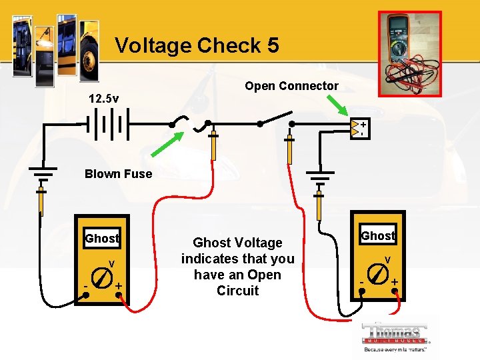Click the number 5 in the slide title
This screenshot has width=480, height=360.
pyautogui.click(x=271, y=45)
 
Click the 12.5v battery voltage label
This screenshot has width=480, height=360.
pyautogui.click(x=104, y=99)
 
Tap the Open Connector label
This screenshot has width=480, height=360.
pyautogui.click(x=291, y=86)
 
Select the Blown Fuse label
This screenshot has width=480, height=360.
pyautogui.click(x=118, y=174)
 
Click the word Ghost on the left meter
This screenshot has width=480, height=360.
pyautogui.click(x=101, y=239)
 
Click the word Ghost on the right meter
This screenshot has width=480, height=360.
pyautogui.click(x=377, y=235)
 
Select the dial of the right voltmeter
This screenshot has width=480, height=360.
pyautogui.click(x=377, y=274)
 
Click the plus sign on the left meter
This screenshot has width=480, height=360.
pyautogui.click(x=117, y=286)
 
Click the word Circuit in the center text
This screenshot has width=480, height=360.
pyautogui.click(x=237, y=291)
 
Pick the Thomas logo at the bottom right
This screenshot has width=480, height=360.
pyautogui.click(x=396, y=336)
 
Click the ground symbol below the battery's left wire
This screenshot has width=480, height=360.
pyautogui.click(x=41, y=175)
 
